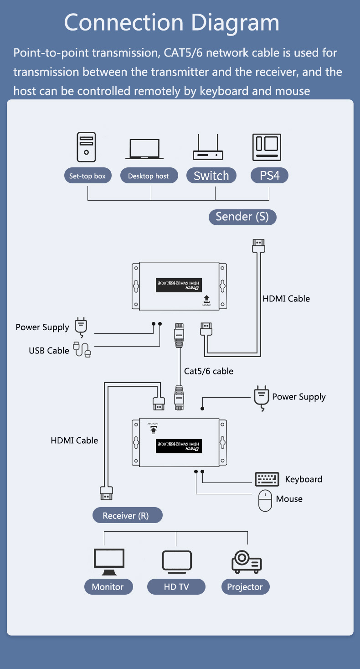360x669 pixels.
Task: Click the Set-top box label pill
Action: (x=87, y=176)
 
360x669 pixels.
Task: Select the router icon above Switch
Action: (x=208, y=148)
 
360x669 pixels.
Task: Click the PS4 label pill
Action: (x=269, y=176)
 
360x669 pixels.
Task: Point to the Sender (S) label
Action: (x=242, y=217)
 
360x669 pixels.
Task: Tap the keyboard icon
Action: (x=267, y=479)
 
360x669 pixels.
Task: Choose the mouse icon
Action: (x=265, y=501)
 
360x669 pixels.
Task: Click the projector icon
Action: (x=247, y=561)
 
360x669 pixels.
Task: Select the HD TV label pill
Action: (x=176, y=586)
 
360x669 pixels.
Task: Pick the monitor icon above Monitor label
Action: (x=108, y=562)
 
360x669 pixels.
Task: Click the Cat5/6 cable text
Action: (x=209, y=371)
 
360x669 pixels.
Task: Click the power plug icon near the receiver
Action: (x=260, y=398)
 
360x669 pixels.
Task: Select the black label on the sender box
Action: (x=178, y=285)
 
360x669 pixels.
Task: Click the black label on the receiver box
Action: (x=178, y=446)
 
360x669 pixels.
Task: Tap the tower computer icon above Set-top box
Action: (x=86, y=147)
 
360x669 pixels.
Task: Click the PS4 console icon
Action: (x=267, y=147)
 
